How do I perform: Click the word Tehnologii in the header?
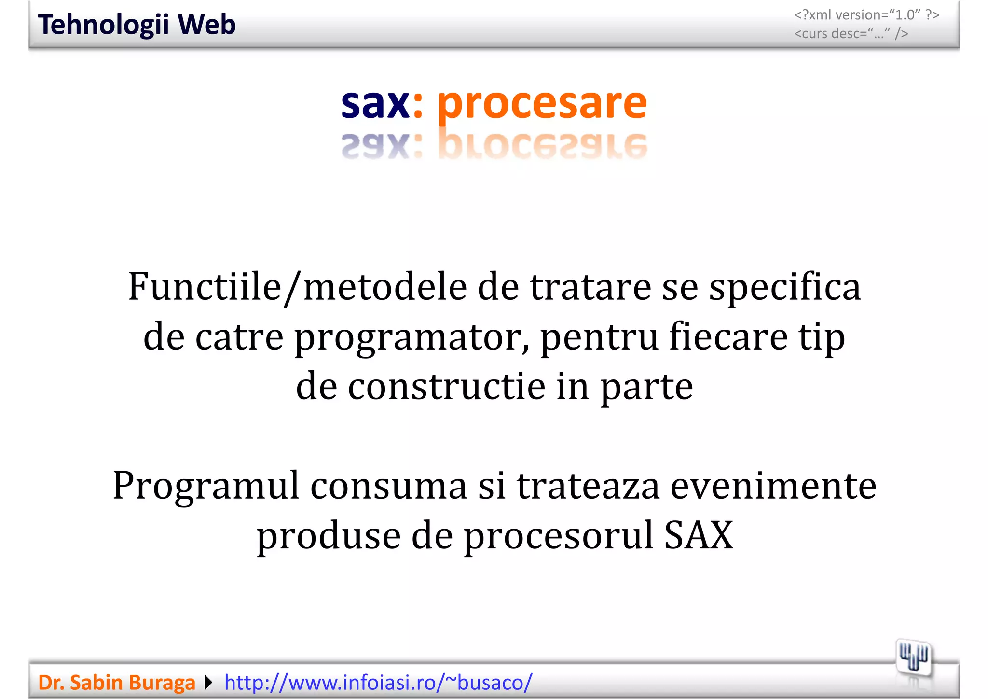103,25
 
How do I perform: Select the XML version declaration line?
866,15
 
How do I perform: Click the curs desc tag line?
851,34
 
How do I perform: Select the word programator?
412,337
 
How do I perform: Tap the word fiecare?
728,336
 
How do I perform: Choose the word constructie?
446,387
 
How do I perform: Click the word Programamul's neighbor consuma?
388,486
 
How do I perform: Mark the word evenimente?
773,486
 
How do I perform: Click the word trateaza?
588,486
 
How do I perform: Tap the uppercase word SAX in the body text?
698,535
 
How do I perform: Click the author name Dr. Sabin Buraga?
117,683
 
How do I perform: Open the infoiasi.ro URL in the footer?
378,683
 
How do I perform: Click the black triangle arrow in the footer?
208,683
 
